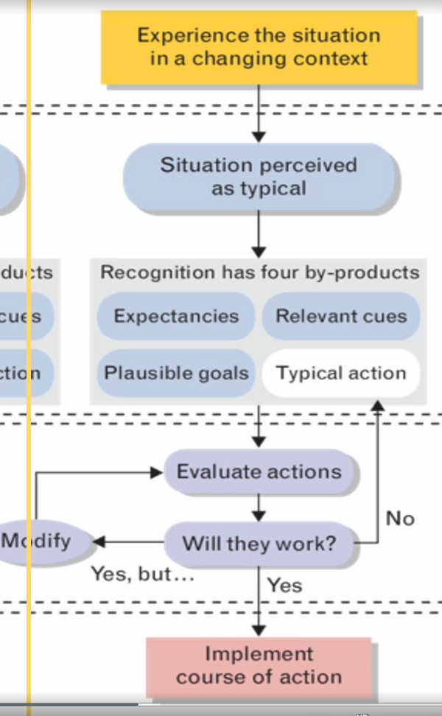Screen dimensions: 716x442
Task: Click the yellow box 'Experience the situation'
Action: point(259,46)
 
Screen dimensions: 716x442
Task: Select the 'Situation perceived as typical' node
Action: point(259,177)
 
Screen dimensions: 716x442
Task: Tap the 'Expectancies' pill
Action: point(176,316)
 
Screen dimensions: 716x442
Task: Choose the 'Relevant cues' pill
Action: point(341,316)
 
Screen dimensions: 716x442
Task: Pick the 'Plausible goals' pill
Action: point(176,373)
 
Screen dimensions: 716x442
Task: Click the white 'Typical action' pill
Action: point(341,373)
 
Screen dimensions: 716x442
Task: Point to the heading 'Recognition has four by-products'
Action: point(259,273)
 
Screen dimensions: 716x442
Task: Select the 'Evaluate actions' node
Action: point(259,471)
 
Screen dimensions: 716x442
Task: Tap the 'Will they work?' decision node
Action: point(259,544)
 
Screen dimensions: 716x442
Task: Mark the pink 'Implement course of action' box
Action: point(259,666)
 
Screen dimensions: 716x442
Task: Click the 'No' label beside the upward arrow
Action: point(400,519)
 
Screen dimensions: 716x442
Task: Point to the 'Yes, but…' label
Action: point(142,573)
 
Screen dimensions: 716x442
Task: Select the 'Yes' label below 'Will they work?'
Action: point(284,585)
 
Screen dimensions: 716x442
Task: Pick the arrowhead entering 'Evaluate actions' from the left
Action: point(156,472)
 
